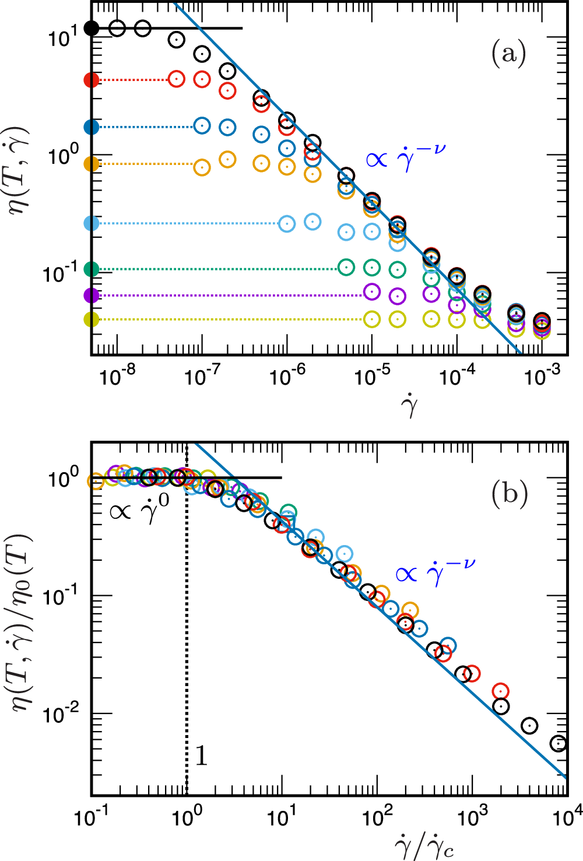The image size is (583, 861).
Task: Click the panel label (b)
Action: (510, 493)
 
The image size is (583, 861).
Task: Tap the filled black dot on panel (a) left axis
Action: (92, 28)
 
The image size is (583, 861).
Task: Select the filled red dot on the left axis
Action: (92, 80)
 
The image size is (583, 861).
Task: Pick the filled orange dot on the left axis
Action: (92, 164)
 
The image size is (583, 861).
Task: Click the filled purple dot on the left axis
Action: (92, 296)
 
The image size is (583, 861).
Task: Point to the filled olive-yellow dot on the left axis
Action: (92, 319)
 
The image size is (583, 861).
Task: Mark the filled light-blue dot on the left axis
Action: (92, 223)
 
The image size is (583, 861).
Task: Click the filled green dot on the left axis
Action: (92, 269)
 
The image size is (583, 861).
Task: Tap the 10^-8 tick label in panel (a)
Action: (117, 375)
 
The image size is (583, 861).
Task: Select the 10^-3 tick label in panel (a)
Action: (542, 375)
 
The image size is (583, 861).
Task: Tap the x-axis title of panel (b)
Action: (424, 845)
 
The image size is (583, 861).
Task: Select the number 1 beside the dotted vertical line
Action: (201, 756)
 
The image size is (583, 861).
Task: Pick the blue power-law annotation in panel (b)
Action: (436, 572)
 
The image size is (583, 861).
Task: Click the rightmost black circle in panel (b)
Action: (559, 743)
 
